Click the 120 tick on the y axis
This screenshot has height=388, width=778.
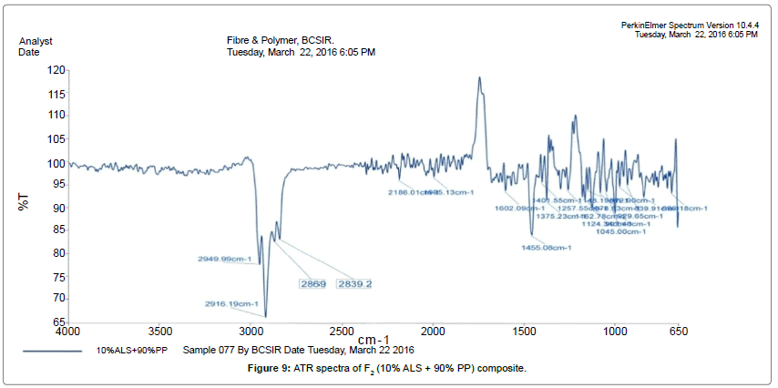click(56, 70)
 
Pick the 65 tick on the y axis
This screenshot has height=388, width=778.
click(59, 322)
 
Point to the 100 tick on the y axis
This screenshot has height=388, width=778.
click(56, 164)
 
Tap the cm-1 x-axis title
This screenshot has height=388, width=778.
click(374, 340)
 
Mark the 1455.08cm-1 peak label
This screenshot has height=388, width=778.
click(546, 247)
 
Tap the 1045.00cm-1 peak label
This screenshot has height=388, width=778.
click(620, 230)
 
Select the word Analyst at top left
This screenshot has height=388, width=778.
click(36, 41)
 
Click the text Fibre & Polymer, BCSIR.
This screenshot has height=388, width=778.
click(281, 41)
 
